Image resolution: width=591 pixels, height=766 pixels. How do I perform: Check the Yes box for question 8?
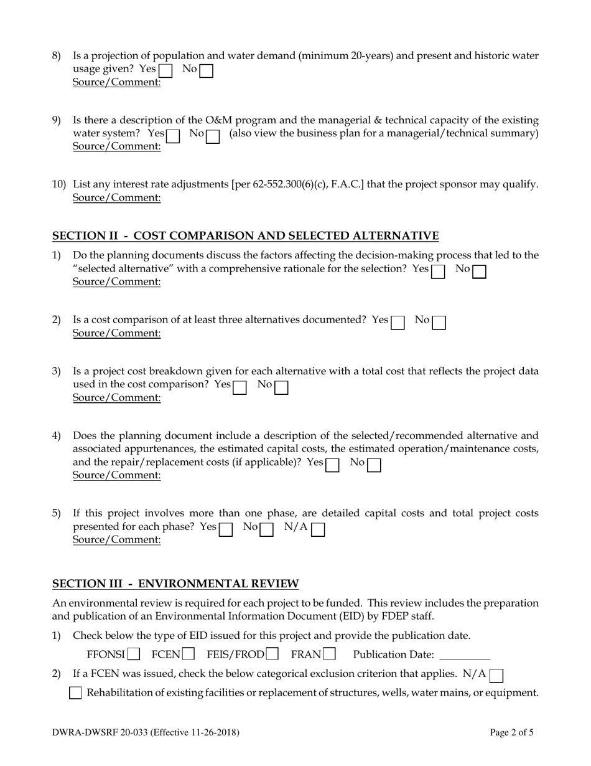click(x=166, y=70)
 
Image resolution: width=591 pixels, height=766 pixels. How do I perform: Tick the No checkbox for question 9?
click(x=213, y=135)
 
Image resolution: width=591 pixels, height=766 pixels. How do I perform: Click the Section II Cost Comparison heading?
click(x=245, y=236)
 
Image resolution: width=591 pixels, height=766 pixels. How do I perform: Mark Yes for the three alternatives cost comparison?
click(x=398, y=322)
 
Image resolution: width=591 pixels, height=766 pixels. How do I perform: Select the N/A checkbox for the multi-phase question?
click(x=318, y=529)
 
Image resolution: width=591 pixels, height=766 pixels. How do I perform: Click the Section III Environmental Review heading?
click(x=175, y=584)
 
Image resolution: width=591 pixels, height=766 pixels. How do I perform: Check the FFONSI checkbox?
click(x=134, y=655)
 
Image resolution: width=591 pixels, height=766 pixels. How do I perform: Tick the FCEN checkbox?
click(x=188, y=655)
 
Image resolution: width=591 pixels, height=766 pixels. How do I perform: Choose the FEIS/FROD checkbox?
click(x=272, y=655)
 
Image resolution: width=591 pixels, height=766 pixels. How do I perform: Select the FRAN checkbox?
click(x=330, y=655)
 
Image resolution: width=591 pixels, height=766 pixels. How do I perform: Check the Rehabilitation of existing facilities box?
click(x=75, y=693)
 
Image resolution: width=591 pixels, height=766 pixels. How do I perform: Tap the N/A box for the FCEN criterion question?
click(x=497, y=674)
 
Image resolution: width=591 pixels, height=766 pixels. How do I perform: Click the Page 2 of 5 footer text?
click(x=511, y=733)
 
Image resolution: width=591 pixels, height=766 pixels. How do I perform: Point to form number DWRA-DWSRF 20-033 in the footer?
click(x=101, y=733)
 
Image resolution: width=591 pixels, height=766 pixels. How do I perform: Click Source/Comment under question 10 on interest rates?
click(x=117, y=198)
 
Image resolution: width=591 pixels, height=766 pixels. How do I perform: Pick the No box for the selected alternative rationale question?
click(x=479, y=272)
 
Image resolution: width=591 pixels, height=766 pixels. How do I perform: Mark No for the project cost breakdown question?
click(x=281, y=387)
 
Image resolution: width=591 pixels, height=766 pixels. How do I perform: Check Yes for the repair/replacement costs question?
click(x=333, y=465)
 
